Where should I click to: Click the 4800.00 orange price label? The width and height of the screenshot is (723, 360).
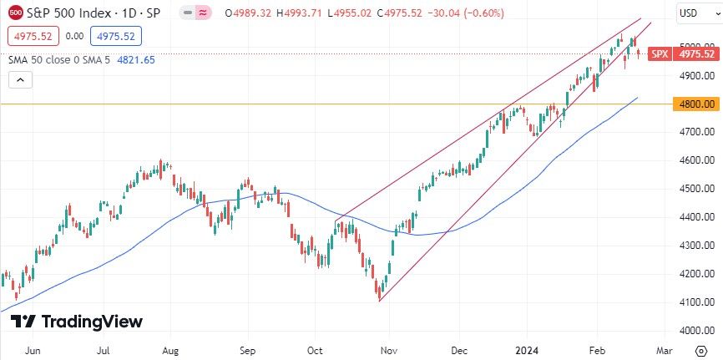pos(697,104)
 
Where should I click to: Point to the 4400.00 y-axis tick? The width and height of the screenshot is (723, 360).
pos(697,217)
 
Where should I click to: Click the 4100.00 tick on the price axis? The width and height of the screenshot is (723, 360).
pos(697,302)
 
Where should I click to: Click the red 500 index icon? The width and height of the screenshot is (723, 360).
pos(16,13)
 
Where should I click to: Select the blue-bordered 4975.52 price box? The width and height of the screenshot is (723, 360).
pos(117,36)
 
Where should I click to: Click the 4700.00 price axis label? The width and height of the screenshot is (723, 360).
pos(697,132)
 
